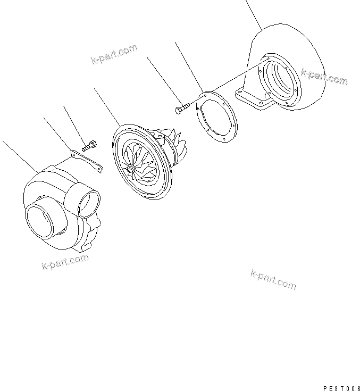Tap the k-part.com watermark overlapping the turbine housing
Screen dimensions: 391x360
tap(324, 76)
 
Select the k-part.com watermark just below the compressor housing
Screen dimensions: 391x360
tap(65, 262)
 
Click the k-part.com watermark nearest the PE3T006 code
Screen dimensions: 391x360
tap(273, 279)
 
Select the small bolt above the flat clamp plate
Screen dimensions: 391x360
tap(89, 145)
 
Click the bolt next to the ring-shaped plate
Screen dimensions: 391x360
tap(181, 109)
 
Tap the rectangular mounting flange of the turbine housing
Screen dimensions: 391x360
tap(250, 101)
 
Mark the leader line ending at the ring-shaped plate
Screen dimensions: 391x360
tap(188, 66)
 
